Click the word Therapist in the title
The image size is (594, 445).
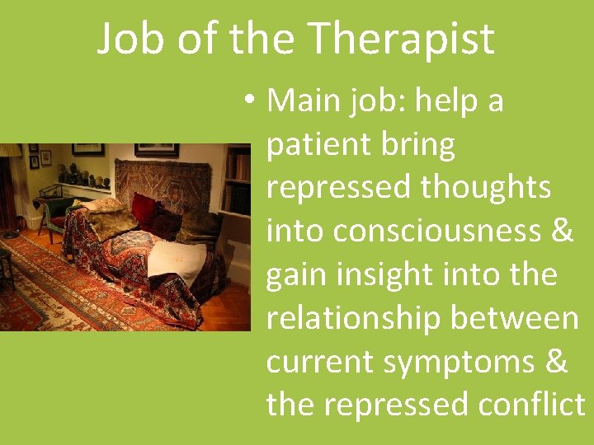click(403, 39)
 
